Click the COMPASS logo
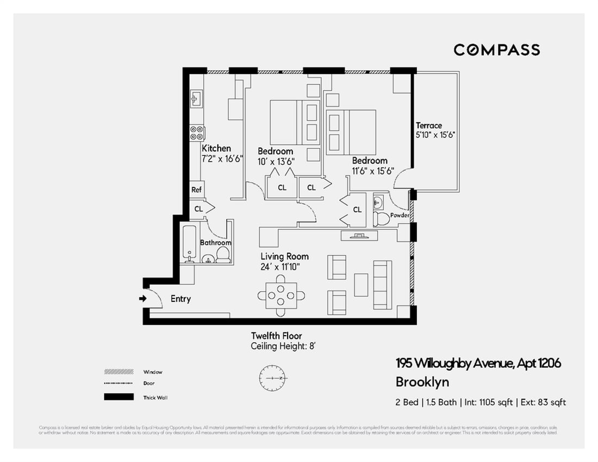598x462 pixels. [x=496, y=50]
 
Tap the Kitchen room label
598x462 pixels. [x=216, y=148]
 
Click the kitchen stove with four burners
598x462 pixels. [x=196, y=133]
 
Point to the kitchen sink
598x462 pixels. [x=196, y=99]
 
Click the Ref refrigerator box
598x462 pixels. [x=196, y=190]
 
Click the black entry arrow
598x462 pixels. [x=142, y=299]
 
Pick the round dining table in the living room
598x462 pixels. [x=281, y=295]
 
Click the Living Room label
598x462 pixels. [x=284, y=256]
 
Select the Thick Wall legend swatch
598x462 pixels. [x=119, y=397]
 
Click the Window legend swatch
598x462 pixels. [x=119, y=372]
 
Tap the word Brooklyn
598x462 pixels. [x=422, y=382]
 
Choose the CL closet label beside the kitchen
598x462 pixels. [x=199, y=208]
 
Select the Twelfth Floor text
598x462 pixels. [x=276, y=336]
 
